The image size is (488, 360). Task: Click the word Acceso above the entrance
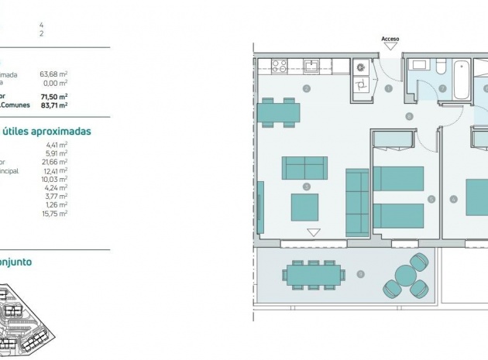[390, 38]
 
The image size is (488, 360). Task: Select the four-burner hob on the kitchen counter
[278, 66]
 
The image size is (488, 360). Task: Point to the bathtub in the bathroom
[461, 81]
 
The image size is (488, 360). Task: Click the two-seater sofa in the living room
[304, 167]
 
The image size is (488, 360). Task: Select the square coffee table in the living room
[304, 207]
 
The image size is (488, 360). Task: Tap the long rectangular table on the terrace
[313, 274]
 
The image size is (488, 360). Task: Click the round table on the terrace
[405, 275]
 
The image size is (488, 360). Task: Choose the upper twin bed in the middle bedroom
[399, 178]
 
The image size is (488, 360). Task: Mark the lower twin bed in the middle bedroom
[399, 216]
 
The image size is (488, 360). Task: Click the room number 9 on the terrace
[360, 274]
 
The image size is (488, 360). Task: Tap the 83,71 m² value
[53, 105]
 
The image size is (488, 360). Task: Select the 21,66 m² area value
[54, 161]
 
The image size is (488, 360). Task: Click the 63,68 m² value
[53, 74]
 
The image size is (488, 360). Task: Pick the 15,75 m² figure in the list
[54, 213]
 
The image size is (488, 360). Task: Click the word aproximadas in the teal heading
[59, 131]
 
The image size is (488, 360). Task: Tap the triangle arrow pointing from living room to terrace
[313, 231]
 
